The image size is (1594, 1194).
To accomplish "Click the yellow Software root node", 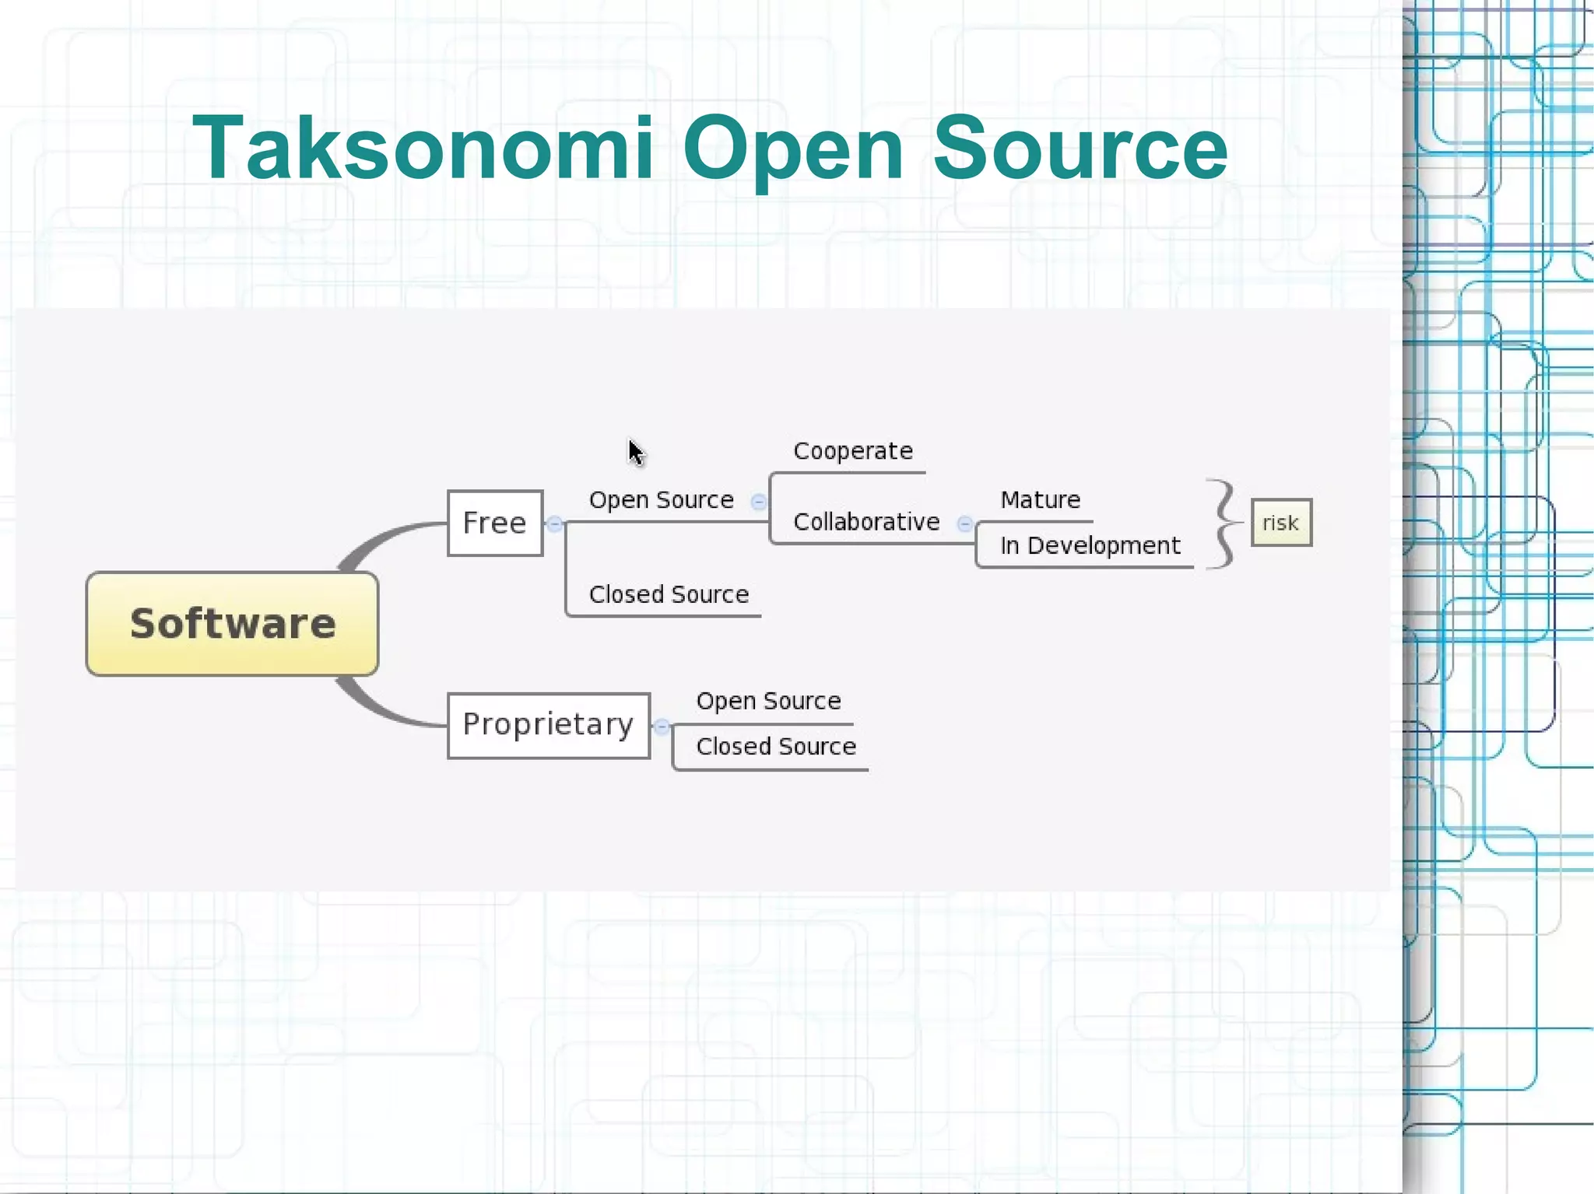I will coord(232,624).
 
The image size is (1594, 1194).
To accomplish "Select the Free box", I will coord(495,523).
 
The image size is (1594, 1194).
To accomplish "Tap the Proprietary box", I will coord(549,725).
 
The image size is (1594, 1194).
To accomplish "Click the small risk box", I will coord(1281,523).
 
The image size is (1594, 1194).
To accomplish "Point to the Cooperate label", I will coord(853,451).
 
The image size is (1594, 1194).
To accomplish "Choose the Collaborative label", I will coord(866,522).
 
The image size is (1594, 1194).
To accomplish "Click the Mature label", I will coord(1041,499).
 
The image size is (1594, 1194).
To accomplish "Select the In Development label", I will coord(1090,545).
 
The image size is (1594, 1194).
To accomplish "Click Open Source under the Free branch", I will coord(662,499).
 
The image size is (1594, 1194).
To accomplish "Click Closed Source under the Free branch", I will coord(669,594).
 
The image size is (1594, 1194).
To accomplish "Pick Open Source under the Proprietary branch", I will coord(768,701).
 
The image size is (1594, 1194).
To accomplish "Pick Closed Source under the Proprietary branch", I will coord(776,747).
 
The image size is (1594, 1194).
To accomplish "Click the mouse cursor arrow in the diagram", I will coord(636,452).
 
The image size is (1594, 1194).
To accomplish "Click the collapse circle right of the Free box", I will coord(554,523).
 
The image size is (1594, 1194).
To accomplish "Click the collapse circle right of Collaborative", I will coord(964,523).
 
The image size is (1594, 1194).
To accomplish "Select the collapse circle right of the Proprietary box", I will coord(662,727).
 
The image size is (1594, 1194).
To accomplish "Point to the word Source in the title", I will coord(1080,148).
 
